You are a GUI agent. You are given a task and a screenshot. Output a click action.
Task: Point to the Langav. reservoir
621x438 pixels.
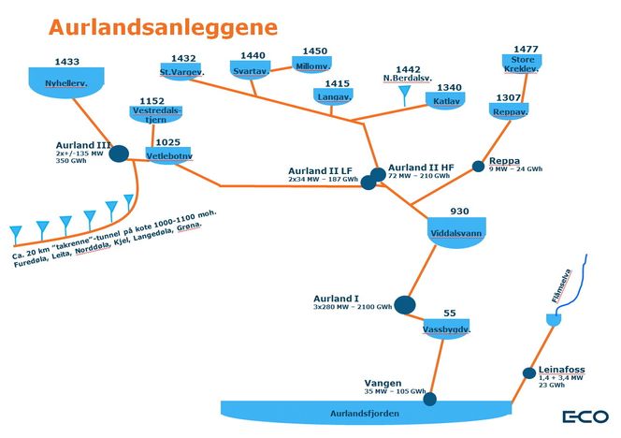[x=333, y=96]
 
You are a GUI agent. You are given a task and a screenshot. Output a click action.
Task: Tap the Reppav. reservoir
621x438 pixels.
[x=509, y=110]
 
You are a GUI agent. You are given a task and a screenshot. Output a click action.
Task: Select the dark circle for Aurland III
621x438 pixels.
[x=120, y=153]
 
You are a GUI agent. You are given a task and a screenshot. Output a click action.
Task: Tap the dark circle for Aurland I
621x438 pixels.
[x=404, y=304]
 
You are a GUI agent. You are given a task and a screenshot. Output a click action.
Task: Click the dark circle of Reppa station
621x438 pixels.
[x=478, y=167]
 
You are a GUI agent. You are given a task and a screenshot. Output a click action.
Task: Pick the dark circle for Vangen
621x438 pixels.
[x=430, y=400]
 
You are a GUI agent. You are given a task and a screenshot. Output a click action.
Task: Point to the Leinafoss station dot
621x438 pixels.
[x=528, y=373]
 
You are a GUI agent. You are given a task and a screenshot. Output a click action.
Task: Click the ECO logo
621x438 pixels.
[x=585, y=416]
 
